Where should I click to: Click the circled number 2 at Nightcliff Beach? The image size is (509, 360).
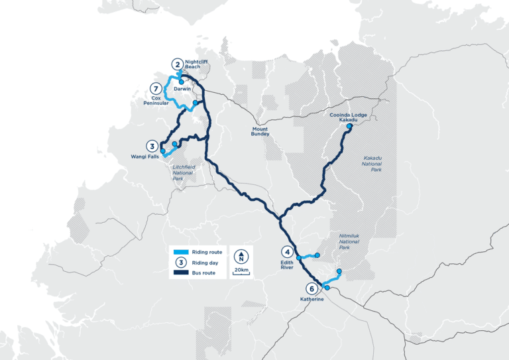click(177, 64)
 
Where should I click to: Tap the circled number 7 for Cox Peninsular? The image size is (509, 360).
click(156, 89)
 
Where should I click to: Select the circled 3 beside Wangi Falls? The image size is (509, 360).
click(152, 147)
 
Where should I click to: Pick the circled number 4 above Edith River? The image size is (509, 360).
click(287, 252)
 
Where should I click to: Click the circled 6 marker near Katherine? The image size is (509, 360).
click(311, 288)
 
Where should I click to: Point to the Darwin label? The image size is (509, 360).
click(182, 89)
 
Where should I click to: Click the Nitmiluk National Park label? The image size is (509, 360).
click(349, 242)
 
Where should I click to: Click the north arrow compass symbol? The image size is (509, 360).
click(243, 255)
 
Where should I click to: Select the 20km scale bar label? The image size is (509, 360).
click(243, 270)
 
